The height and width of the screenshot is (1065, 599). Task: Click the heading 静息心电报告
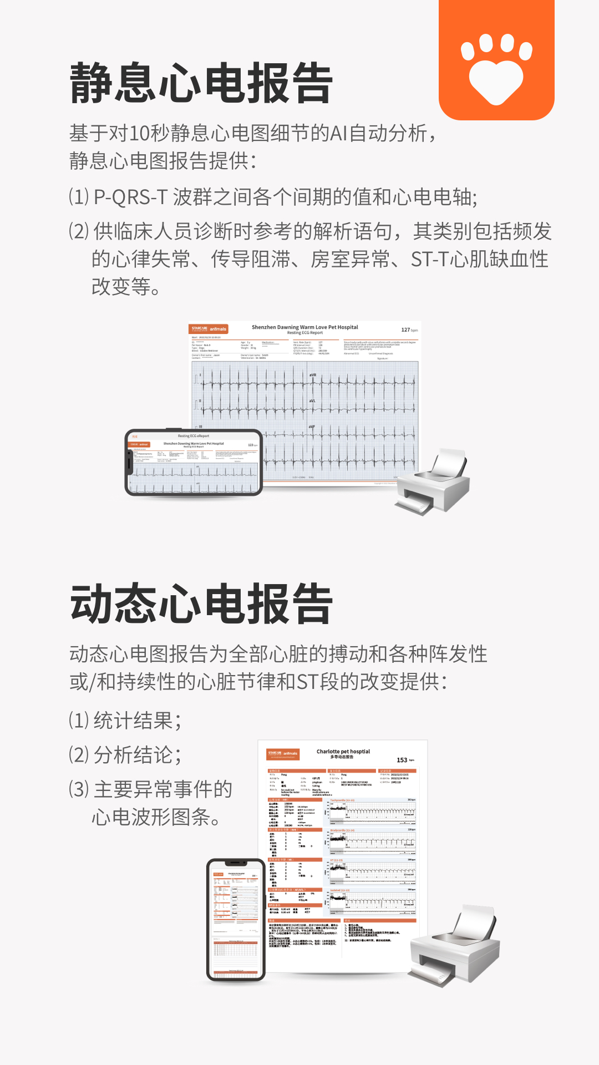[x=201, y=83]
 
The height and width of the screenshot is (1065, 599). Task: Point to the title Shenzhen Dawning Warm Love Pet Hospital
[x=304, y=327]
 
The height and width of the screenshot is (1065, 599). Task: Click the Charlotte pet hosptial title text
[x=343, y=752]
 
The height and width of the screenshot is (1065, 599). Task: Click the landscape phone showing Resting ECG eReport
[x=194, y=462]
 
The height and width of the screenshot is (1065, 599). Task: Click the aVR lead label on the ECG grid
[x=313, y=375]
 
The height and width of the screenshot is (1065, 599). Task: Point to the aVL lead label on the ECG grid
[x=312, y=400]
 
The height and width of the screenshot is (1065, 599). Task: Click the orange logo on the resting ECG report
[x=209, y=329]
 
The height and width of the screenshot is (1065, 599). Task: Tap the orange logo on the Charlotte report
[x=283, y=753]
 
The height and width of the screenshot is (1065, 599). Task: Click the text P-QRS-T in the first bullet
[x=130, y=197]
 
